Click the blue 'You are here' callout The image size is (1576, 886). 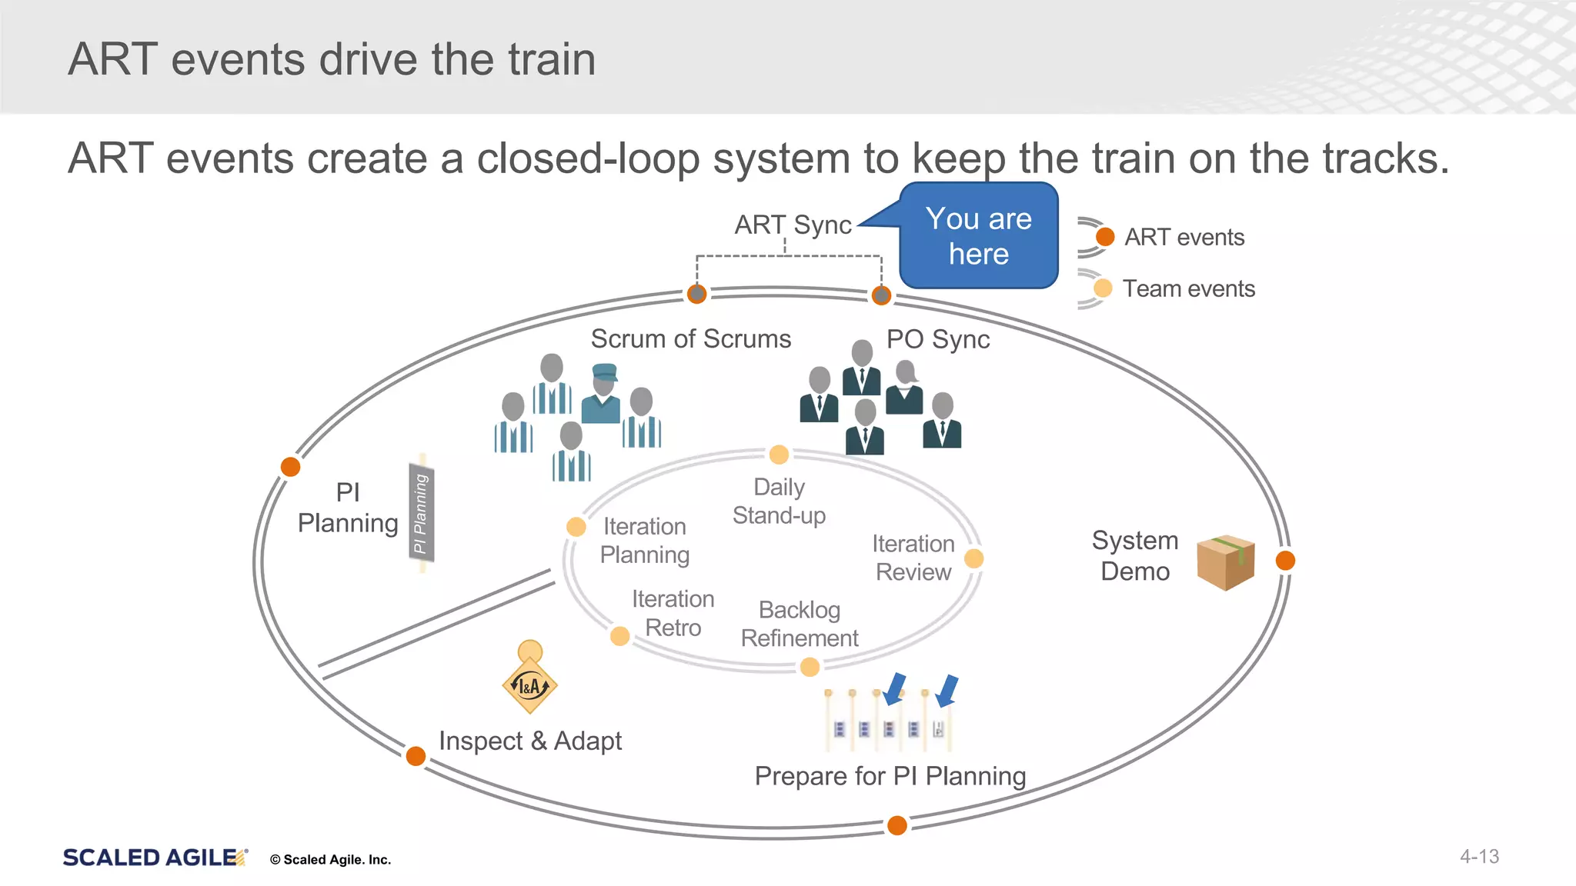[979, 235]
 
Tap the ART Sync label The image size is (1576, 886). [793, 225]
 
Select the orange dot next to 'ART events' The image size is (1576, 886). [1105, 237]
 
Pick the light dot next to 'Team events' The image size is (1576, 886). [1103, 288]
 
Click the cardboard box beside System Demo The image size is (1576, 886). [1226, 562]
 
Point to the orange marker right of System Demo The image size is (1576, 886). [1285, 561]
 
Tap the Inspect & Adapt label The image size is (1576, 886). [530, 741]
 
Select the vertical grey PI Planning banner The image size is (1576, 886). [421, 512]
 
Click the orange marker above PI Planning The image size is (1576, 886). [290, 467]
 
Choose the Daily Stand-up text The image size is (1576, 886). [779, 501]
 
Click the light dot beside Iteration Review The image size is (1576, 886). [973, 558]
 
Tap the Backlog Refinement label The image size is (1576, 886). [800, 624]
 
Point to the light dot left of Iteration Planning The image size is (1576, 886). [576, 527]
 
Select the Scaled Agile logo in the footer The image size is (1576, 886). [155, 858]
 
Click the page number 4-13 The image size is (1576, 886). [1479, 857]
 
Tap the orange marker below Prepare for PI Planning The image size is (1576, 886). [897, 825]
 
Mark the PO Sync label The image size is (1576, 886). [937, 339]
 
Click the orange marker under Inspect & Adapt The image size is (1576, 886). [416, 756]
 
